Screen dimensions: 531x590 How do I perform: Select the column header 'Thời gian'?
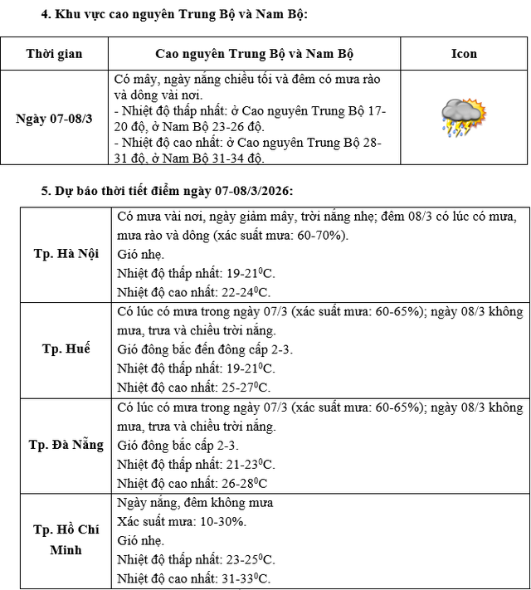(54, 54)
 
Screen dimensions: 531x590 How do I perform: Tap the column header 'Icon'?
(464, 54)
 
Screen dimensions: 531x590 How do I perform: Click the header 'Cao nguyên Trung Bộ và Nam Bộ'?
(254, 54)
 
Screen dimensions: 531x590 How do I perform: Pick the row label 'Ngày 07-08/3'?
(54, 118)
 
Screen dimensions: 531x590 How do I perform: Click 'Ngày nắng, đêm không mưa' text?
(195, 503)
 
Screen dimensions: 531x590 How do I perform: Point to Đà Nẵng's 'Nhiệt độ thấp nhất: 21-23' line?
(196, 464)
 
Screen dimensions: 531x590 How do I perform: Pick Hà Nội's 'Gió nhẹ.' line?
(141, 255)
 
